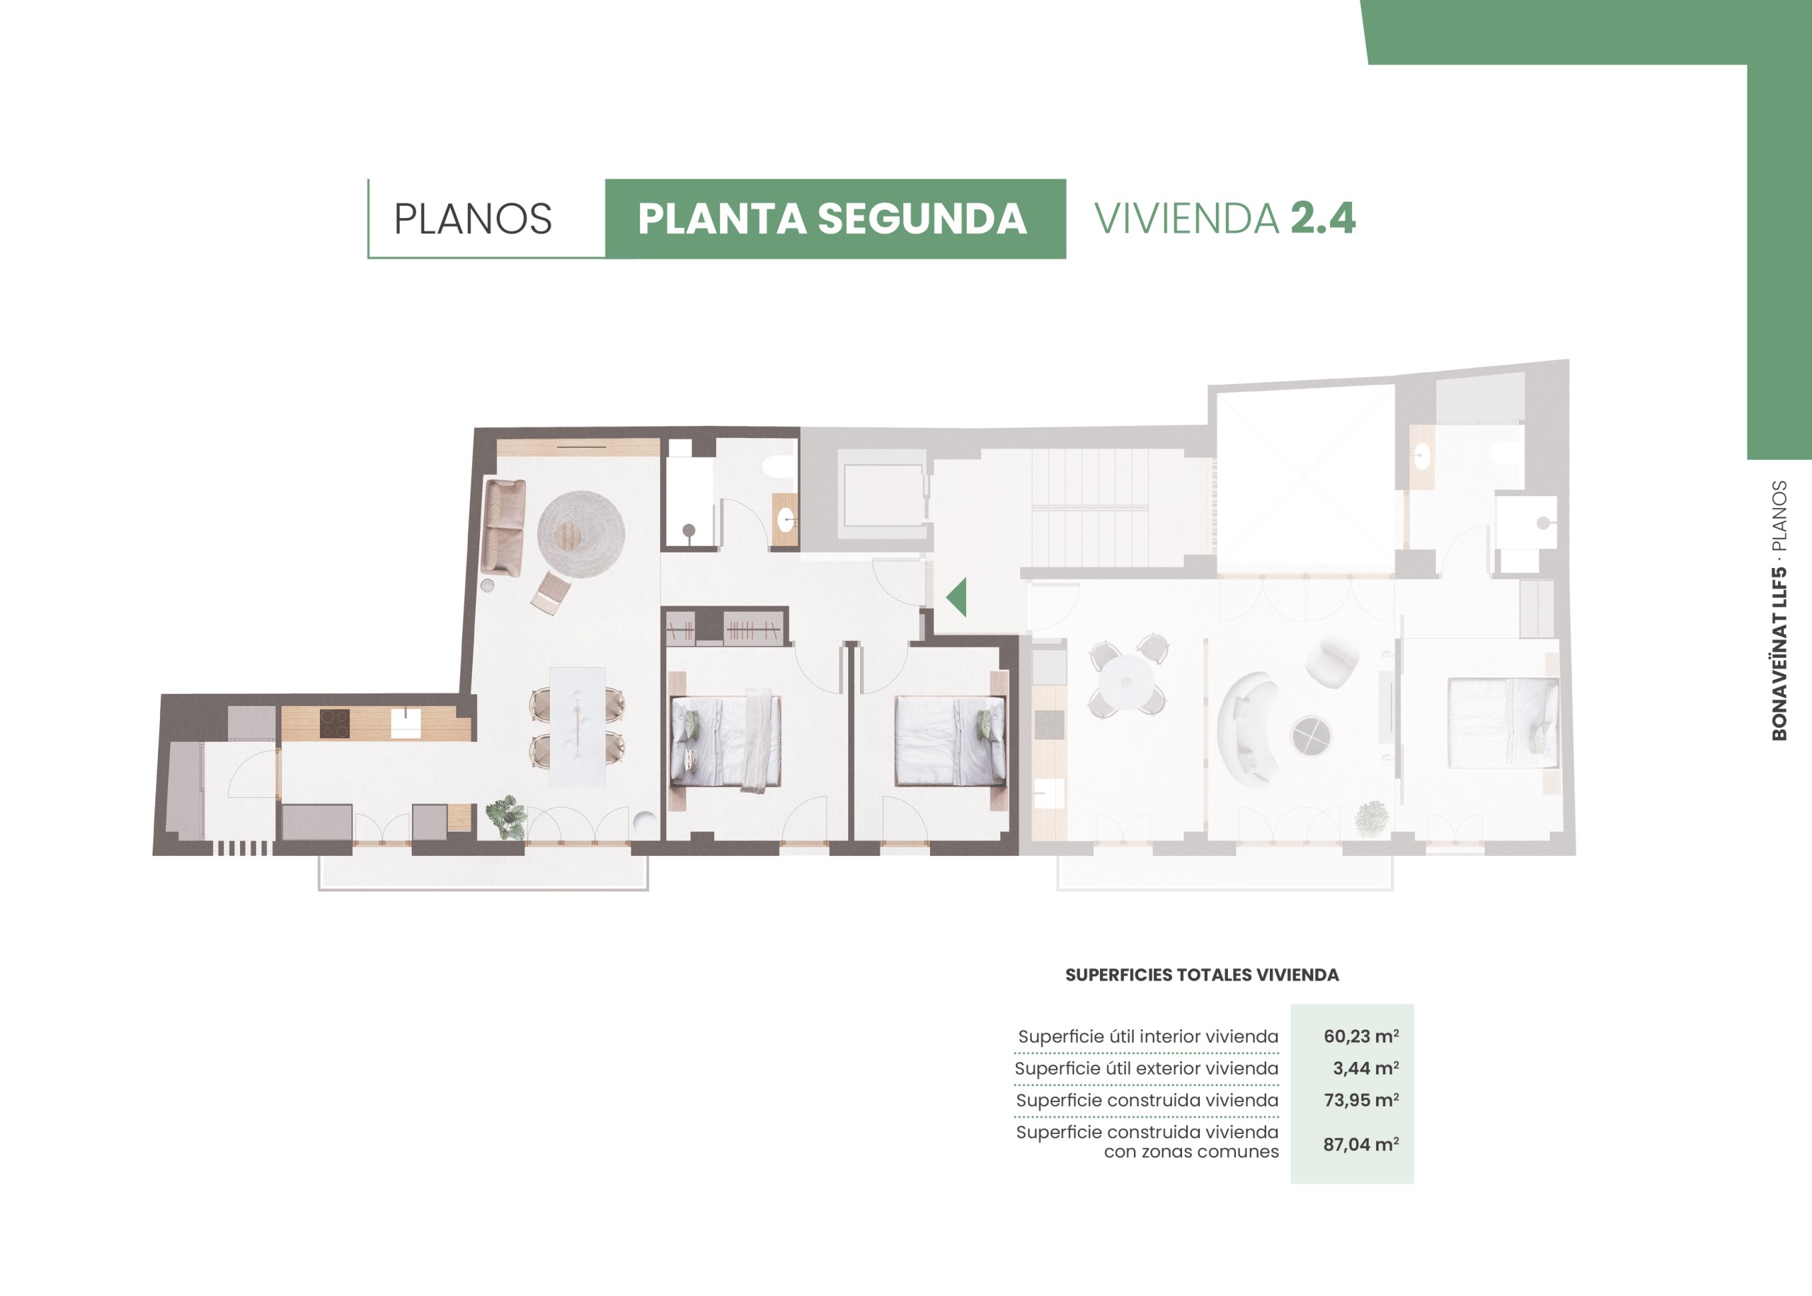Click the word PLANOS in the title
(473, 219)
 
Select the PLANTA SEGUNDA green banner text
(832, 219)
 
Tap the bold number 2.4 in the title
(1323, 218)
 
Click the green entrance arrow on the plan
(956, 597)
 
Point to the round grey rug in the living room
(580, 534)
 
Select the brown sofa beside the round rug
(504, 527)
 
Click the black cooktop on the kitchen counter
(335, 724)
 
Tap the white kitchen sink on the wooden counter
(406, 724)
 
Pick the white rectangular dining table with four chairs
(577, 727)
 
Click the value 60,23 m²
(1361, 1036)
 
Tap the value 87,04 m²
(1361, 1145)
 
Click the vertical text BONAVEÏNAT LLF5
(1779, 654)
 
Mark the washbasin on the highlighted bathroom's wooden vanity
(786, 521)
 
